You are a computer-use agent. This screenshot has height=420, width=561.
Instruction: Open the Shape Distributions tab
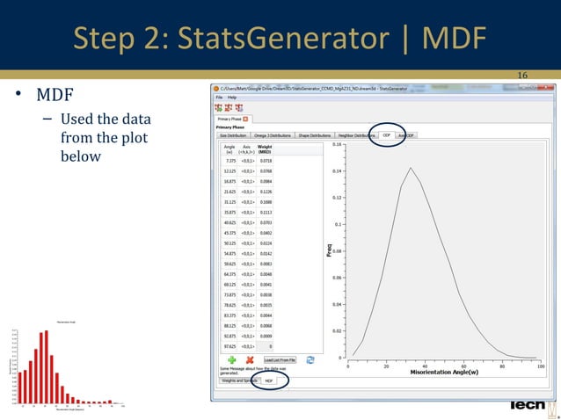(x=314, y=136)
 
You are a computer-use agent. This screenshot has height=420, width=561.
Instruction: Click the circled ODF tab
(x=386, y=136)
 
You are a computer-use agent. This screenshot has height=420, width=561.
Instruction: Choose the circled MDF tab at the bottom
(x=268, y=380)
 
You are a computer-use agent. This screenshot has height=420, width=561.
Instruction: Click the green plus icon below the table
(x=232, y=360)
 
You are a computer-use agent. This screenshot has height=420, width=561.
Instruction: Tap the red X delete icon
(x=250, y=360)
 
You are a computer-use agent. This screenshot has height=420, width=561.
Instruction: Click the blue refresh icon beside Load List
(x=309, y=360)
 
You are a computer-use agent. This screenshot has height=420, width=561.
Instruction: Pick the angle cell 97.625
(x=229, y=346)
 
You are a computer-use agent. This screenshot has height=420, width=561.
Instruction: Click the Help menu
(x=232, y=97)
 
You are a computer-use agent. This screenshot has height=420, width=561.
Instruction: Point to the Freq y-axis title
(x=329, y=250)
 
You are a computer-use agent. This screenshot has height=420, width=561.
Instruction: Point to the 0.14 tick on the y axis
(x=337, y=171)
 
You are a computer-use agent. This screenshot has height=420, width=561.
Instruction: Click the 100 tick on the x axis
(x=539, y=365)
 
